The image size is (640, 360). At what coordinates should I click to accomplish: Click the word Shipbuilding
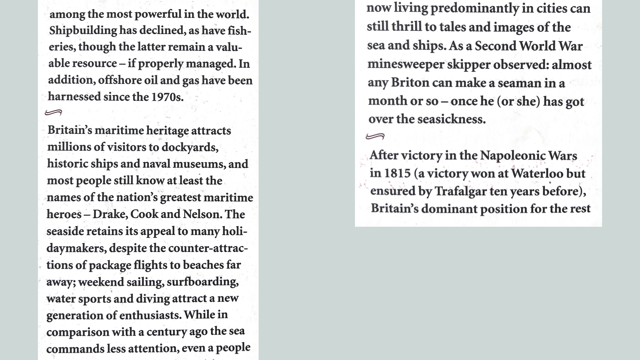83,31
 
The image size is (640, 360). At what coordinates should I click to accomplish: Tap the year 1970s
167,97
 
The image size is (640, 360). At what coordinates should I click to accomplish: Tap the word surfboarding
202,282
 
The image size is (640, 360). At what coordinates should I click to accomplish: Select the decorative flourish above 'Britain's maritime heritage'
54,113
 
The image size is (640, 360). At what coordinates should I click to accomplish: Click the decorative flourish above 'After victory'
375,136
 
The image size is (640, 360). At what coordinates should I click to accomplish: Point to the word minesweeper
405,65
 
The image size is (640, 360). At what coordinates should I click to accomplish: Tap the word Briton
410,83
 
